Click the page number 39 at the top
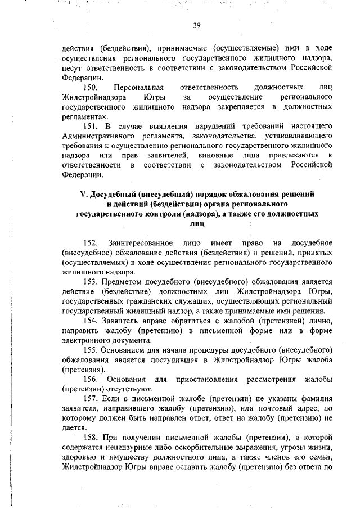pyautogui.click(x=197, y=25)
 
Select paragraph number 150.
pyautogui.click(x=92, y=88)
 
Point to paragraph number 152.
pyautogui.click(x=92, y=242)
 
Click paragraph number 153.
pyautogui.click(x=92, y=281)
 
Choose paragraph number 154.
pyautogui.click(x=92, y=320)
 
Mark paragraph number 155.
pyautogui.click(x=92, y=349)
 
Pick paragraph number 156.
pyautogui.click(x=92, y=379)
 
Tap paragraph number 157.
pyautogui.click(x=92, y=398)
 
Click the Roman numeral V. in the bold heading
pyautogui.click(x=84, y=194)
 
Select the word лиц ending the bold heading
pyautogui.click(x=197, y=223)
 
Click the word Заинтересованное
pyautogui.click(x=142, y=242)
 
